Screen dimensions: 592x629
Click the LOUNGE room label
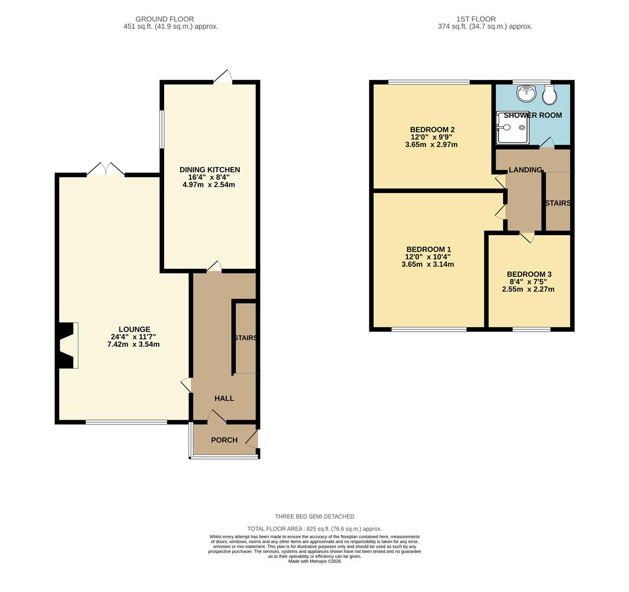click(134, 329)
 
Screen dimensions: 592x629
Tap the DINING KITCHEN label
click(210, 170)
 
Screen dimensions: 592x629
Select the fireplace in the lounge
click(67, 345)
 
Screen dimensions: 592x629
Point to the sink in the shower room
click(526, 94)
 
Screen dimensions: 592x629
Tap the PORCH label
click(224, 440)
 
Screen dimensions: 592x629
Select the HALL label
click(224, 399)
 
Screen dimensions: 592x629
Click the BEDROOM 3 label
click(529, 275)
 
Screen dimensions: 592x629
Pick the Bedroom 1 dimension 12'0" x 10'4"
click(428, 257)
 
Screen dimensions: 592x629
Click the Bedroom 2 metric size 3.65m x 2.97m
click(431, 145)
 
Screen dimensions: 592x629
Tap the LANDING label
click(526, 170)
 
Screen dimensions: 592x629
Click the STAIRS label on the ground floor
click(245, 338)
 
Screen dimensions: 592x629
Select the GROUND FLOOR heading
click(164, 19)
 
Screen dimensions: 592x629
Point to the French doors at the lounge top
click(106, 169)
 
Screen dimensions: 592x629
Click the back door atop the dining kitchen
click(223, 78)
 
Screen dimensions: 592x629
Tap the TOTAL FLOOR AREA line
click(314, 529)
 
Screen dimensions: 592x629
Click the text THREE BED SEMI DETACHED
click(314, 516)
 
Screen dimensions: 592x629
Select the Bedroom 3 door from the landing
click(527, 237)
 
